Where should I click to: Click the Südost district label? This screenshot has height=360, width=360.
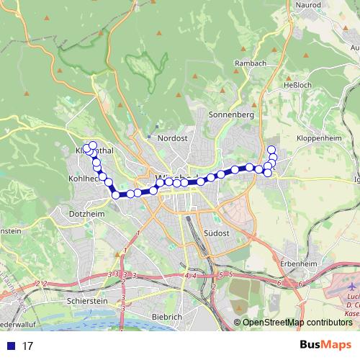217,234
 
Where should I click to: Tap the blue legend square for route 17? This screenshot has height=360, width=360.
11,346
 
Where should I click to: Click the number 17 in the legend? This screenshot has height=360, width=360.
28,346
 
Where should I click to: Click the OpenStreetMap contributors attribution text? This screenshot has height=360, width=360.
297,323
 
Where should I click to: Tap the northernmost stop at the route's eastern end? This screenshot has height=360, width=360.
271,149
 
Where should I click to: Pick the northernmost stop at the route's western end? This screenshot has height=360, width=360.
92,145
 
